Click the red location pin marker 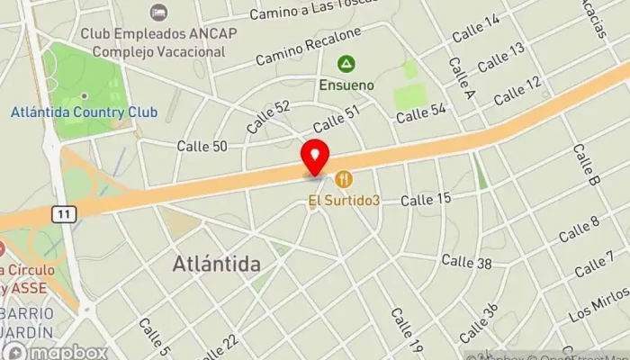[315, 157]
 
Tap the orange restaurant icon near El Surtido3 [343, 179]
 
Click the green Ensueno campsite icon [345, 64]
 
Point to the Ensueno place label [345, 85]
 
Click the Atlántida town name [216, 265]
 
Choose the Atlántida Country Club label [84, 112]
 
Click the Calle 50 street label [202, 145]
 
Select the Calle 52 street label [268, 117]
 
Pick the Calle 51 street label [336, 118]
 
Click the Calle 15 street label [426, 198]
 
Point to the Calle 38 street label [466, 262]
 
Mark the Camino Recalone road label [308, 46]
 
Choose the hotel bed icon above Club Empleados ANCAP [159, 13]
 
